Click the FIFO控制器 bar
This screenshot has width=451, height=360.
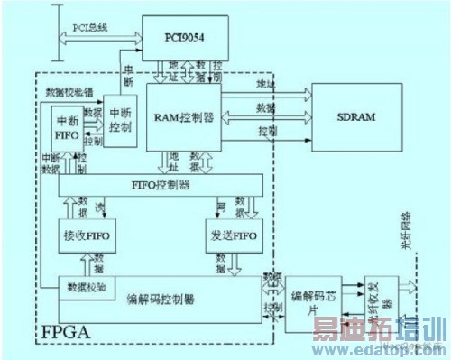point(160,185)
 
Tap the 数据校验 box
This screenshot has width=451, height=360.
point(87,287)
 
